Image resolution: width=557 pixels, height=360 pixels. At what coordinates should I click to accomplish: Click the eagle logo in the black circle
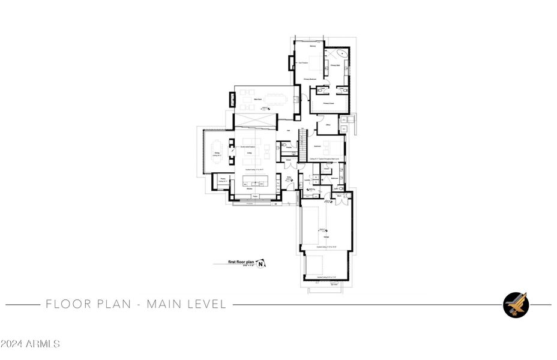(516, 305)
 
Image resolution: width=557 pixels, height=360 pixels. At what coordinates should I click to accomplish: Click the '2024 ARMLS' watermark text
(30, 344)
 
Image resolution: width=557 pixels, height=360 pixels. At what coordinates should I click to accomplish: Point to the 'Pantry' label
(222, 179)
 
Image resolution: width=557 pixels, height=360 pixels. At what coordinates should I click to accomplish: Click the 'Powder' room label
(288, 147)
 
